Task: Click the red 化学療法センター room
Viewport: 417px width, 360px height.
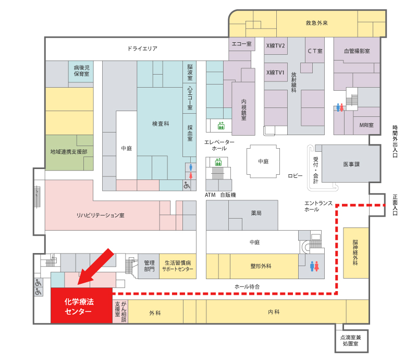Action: [x=81, y=305]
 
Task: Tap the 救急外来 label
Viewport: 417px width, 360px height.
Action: [x=317, y=23]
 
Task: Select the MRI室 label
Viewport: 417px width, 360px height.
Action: [x=366, y=125]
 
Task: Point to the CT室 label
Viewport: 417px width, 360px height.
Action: [x=315, y=51]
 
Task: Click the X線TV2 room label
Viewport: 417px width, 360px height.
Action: [x=276, y=46]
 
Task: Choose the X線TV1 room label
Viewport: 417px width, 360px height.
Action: [x=276, y=73]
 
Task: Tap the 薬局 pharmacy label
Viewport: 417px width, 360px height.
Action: [x=256, y=213]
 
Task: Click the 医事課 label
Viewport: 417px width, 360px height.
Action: [x=351, y=164]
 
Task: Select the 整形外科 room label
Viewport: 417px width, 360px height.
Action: [x=261, y=266]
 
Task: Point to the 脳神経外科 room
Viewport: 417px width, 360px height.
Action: [x=356, y=253]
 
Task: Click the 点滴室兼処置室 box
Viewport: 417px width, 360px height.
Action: [x=351, y=341]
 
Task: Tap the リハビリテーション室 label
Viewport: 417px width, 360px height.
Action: [x=100, y=215]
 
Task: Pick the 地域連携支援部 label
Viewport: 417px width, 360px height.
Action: [x=69, y=152]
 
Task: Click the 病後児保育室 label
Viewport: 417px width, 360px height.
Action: [x=82, y=71]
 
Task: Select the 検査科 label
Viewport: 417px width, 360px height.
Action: [x=161, y=124]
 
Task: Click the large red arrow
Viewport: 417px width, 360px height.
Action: [x=96, y=267]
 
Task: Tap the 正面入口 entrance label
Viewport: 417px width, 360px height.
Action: [x=395, y=205]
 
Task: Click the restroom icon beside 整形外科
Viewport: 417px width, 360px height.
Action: [x=314, y=266]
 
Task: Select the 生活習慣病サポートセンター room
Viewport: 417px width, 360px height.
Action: [x=178, y=266]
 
